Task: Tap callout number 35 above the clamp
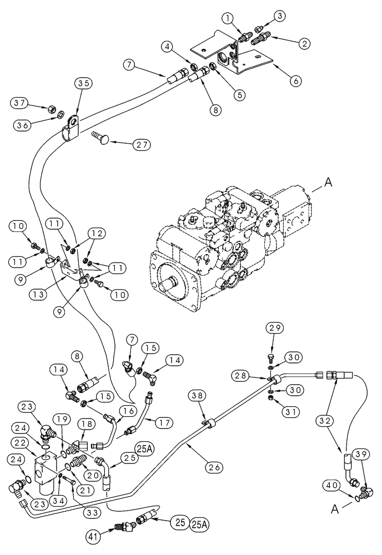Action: (83, 84)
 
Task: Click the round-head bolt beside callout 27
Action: (103, 135)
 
